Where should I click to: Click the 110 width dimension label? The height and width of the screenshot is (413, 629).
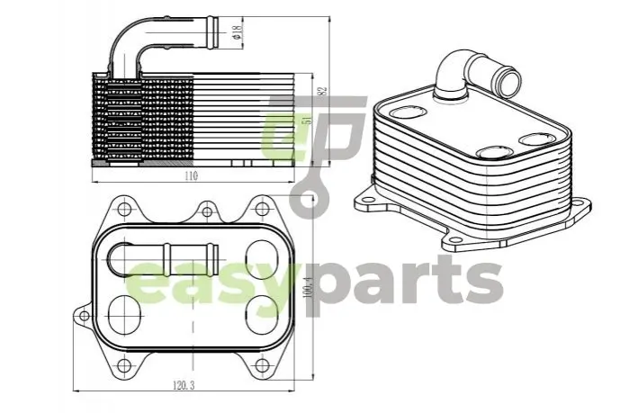[192, 175]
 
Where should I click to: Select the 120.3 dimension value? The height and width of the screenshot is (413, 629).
[184, 385]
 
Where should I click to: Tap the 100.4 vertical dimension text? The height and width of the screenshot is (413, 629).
[309, 289]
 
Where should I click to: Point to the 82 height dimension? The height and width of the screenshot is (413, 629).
[324, 91]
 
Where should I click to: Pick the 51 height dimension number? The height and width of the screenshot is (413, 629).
[309, 119]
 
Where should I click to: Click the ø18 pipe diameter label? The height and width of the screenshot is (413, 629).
[237, 32]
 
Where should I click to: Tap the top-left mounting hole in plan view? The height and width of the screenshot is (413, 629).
[125, 209]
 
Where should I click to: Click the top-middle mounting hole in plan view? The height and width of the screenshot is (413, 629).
[207, 211]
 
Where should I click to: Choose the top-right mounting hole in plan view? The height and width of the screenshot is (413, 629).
[262, 209]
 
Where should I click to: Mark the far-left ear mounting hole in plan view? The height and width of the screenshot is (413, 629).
[85, 316]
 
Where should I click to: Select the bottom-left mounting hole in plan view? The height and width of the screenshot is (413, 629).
[125, 365]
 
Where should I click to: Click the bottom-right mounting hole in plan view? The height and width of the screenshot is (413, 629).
[262, 365]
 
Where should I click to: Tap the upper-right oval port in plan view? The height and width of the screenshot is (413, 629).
[262, 259]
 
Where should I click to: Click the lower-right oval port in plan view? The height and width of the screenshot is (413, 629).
[262, 315]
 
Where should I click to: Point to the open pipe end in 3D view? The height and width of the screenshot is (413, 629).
[509, 81]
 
